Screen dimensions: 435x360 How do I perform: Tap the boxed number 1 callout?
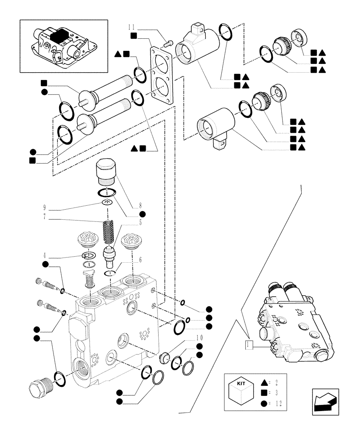coord(248,345)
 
